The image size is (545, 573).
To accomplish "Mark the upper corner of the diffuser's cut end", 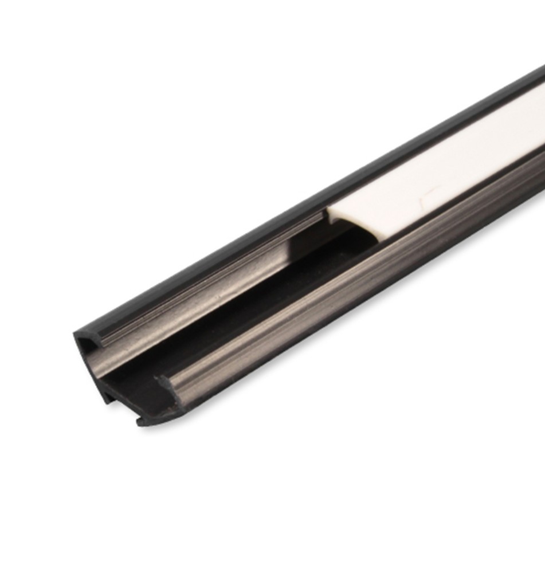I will (330, 210).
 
